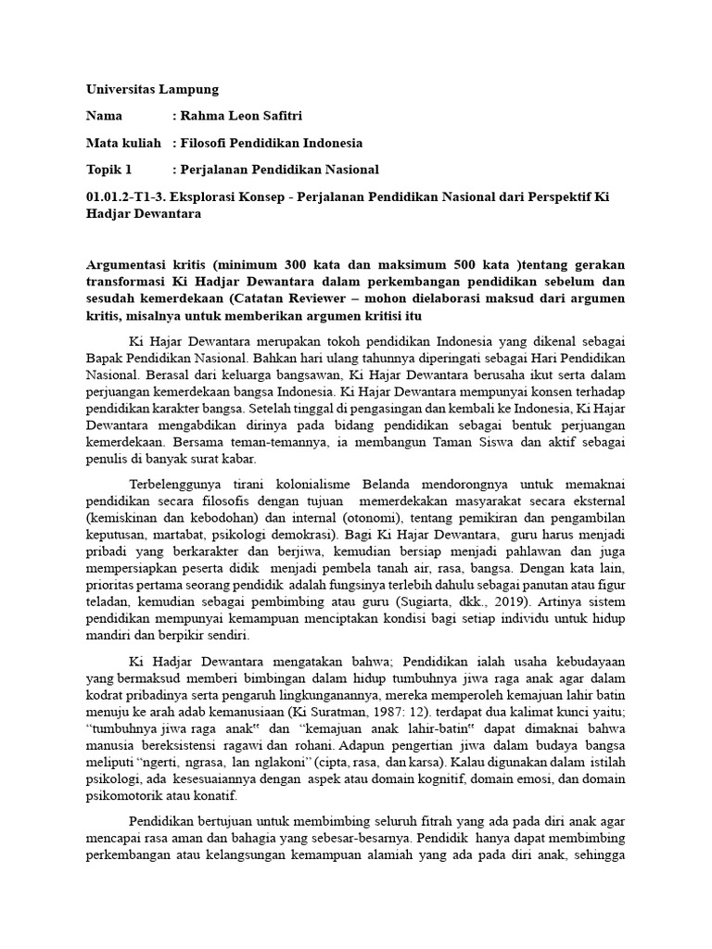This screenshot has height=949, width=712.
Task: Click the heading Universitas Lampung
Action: click(152, 90)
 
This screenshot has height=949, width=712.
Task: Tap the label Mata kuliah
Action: click(123, 144)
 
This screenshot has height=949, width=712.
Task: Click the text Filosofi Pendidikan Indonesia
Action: click(272, 144)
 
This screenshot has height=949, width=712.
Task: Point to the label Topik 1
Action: click(109, 170)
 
